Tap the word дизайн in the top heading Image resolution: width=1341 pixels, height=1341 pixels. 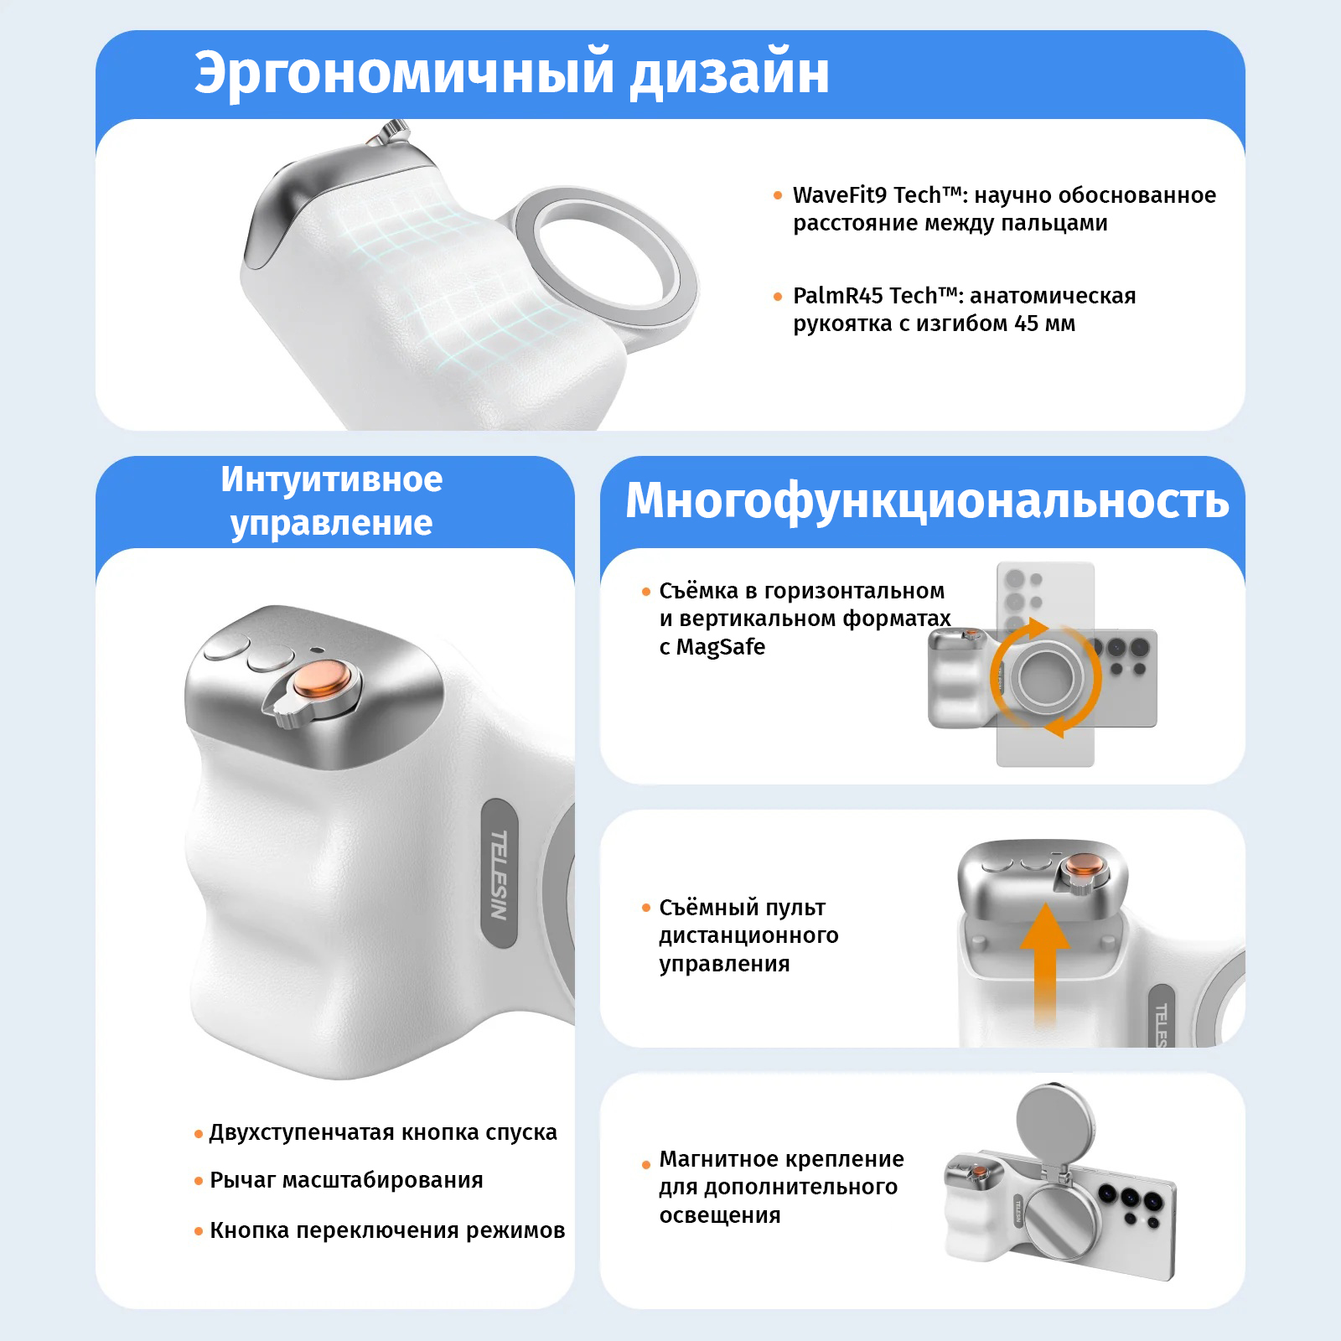click(730, 73)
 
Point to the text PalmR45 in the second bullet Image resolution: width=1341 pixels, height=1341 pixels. click(838, 296)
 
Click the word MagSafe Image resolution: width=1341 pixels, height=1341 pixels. click(721, 647)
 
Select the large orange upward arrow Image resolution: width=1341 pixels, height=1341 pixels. click(1044, 964)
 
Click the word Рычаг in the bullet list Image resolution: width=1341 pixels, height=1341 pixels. click(243, 1181)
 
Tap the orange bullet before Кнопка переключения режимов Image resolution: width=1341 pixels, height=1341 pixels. click(199, 1231)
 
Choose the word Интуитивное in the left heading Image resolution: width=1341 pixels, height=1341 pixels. click(332, 479)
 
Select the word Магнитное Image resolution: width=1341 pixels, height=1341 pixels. click(720, 1159)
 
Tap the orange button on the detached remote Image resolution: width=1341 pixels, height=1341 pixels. click(1083, 866)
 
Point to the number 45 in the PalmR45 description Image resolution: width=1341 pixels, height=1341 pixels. click(1027, 324)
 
